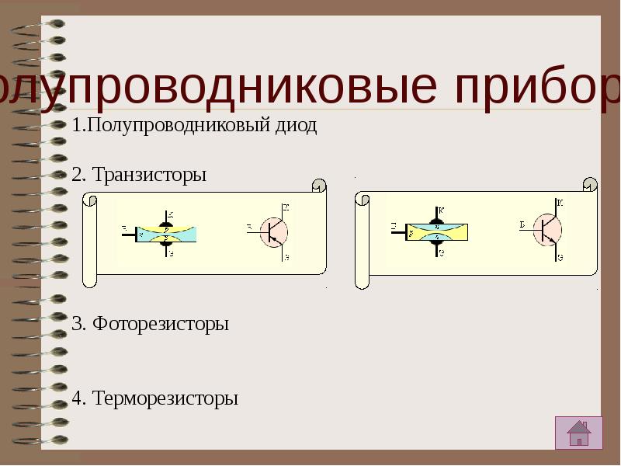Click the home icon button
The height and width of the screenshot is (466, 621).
[578, 433]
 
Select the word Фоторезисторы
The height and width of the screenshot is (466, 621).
[161, 324]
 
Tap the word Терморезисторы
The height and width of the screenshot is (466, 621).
[165, 398]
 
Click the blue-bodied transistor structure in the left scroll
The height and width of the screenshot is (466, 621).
[166, 232]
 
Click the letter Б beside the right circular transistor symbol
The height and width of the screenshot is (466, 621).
[523, 225]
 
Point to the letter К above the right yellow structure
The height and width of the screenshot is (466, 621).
[441, 210]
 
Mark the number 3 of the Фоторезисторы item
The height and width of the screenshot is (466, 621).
[76, 324]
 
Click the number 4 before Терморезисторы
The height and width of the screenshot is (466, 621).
[76, 398]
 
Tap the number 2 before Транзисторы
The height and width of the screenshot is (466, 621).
[76, 175]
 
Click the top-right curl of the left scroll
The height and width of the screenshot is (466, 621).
[318, 187]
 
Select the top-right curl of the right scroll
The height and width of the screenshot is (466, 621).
[590, 185]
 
